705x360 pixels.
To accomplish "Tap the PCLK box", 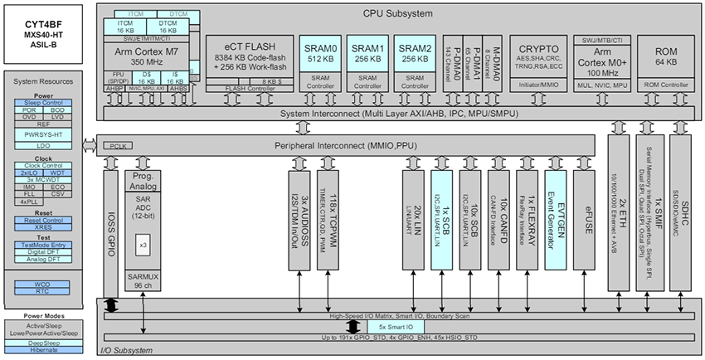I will [x=113, y=146].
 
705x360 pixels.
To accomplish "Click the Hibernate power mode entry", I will [x=45, y=349].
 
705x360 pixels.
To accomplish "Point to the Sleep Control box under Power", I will [x=45, y=103].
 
